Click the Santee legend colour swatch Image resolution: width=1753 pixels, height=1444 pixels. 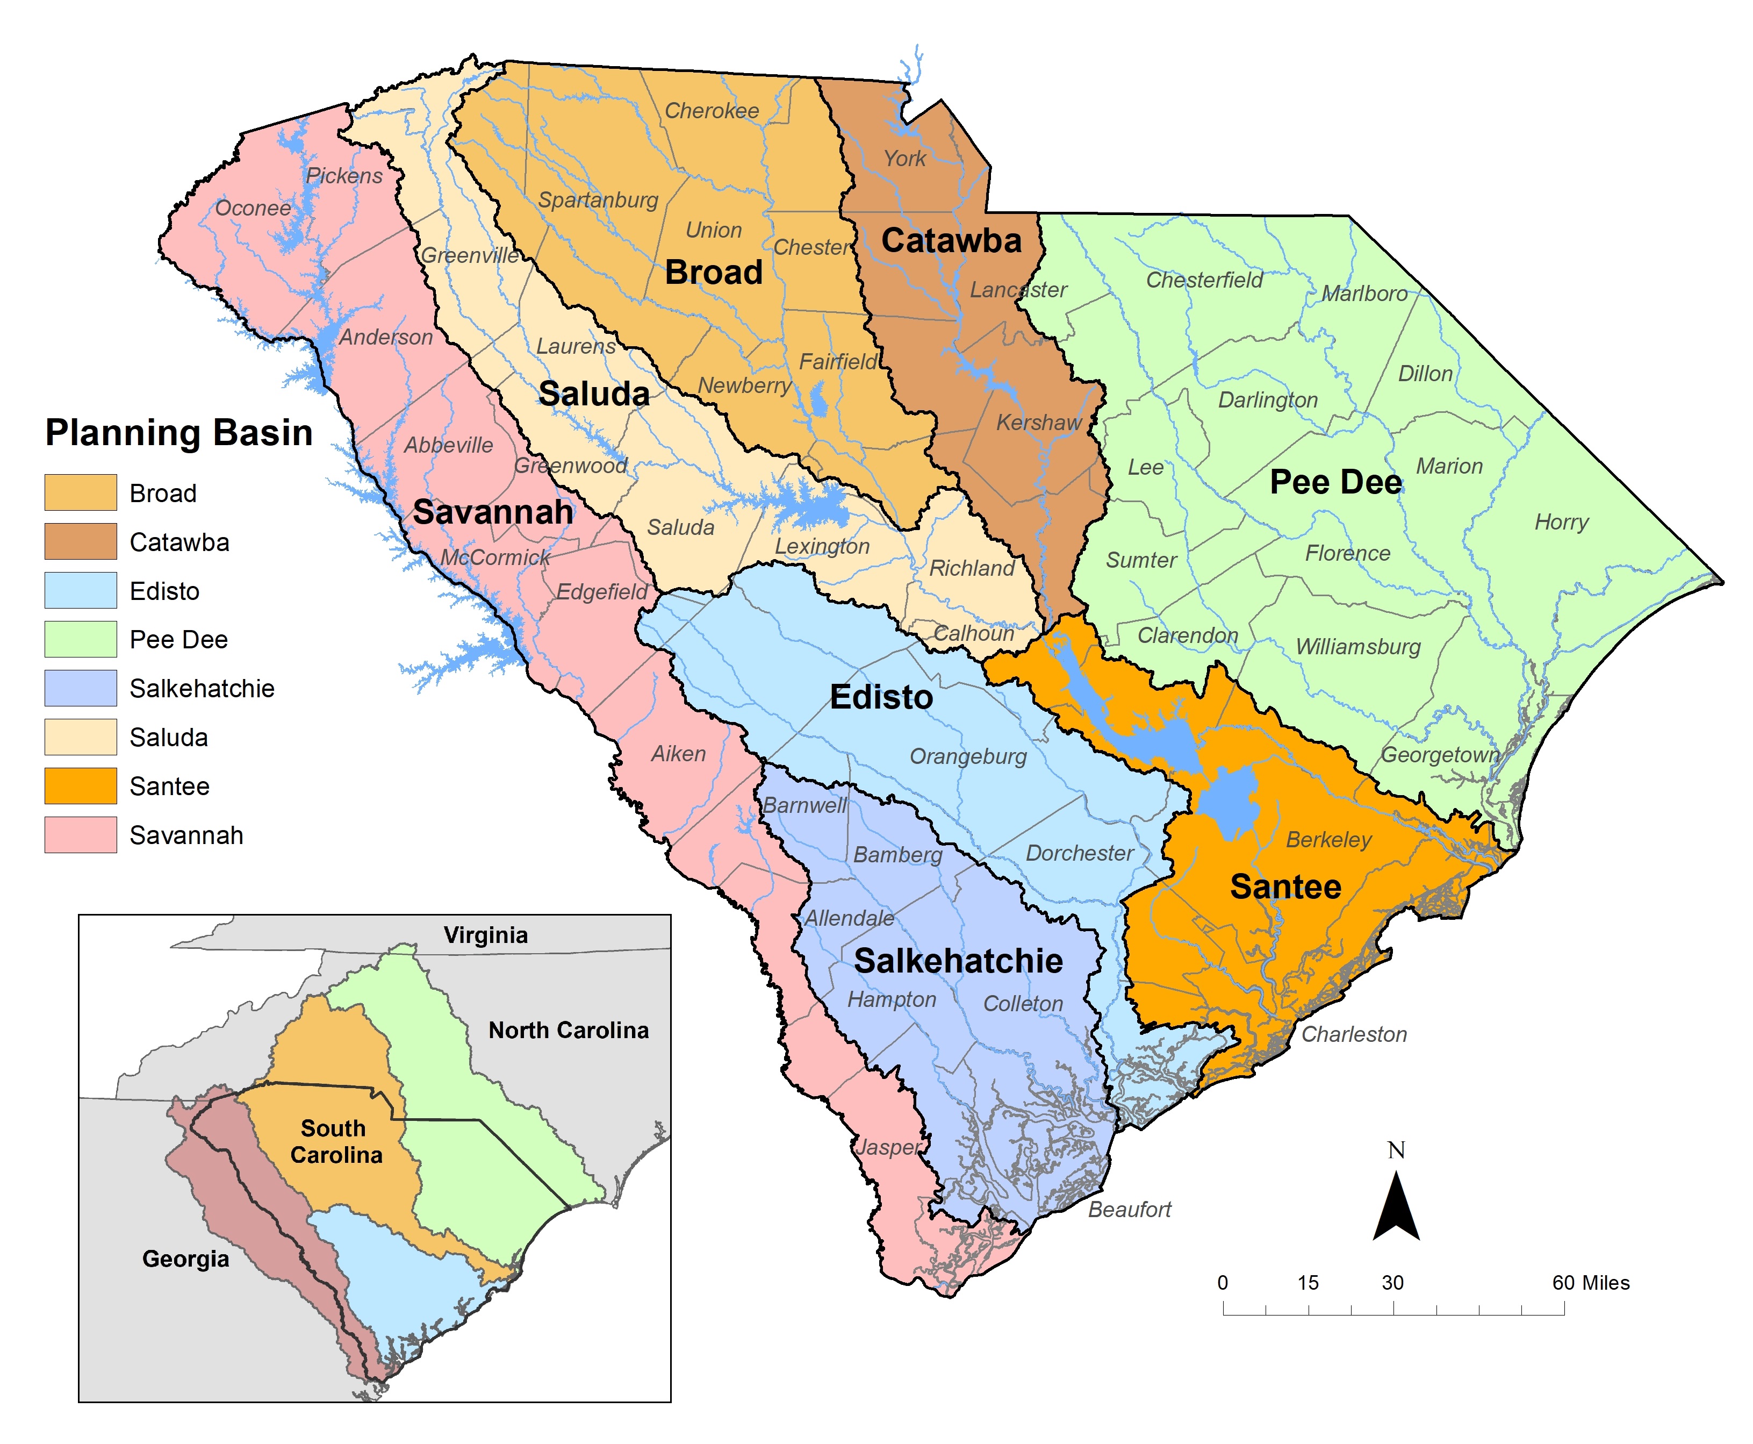point(80,786)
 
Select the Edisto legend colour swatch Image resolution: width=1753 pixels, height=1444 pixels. point(80,591)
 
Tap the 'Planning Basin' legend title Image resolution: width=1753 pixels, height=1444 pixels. point(179,433)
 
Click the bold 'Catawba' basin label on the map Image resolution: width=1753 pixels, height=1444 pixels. point(951,240)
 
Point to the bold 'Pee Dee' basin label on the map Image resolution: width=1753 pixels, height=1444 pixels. point(1335,482)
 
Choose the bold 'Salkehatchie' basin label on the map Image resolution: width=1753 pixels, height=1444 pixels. point(958,961)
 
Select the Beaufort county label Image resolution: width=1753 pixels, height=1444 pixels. point(1129,1210)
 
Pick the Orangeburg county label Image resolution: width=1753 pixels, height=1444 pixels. point(968,756)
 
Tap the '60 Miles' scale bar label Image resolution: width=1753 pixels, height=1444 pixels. point(1590,1283)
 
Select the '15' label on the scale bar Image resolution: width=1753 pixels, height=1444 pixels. point(1308,1283)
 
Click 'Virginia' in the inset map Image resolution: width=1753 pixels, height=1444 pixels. point(486,935)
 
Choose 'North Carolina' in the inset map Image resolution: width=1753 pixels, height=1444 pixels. point(568,1030)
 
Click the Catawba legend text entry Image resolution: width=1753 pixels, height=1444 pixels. point(179,542)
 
